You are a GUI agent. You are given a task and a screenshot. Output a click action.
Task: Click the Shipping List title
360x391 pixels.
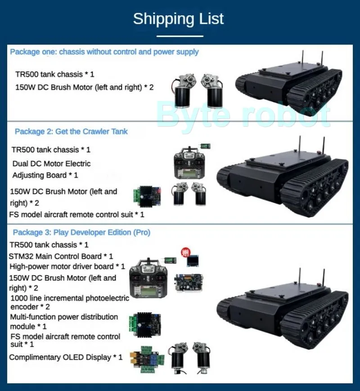(178, 19)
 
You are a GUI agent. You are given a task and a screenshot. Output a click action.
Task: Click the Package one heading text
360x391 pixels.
(104, 52)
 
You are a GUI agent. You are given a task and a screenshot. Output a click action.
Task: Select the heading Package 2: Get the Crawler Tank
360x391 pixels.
(71, 132)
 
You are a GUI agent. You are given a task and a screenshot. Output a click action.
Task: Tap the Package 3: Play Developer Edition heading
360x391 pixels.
(81, 232)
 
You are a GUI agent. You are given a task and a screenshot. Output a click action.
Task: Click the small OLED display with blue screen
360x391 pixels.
(193, 261)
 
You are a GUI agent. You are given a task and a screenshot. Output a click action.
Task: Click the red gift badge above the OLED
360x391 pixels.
(184, 252)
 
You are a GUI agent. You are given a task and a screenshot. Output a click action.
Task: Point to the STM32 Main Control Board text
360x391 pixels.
(61, 256)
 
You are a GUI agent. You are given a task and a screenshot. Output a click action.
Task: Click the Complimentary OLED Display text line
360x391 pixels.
(66, 357)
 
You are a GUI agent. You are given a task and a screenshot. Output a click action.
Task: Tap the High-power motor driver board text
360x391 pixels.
(67, 266)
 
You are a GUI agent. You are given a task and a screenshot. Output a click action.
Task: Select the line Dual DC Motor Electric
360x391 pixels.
(51, 164)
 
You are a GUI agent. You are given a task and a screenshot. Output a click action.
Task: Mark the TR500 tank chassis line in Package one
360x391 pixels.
(55, 74)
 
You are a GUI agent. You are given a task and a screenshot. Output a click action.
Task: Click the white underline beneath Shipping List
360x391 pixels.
(180, 36)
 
